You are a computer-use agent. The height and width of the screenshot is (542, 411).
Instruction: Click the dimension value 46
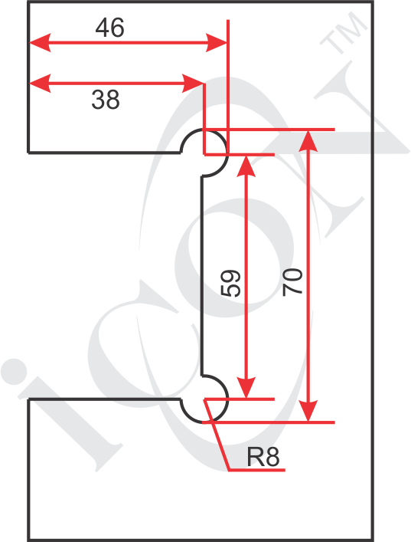pyautogui.click(x=109, y=28)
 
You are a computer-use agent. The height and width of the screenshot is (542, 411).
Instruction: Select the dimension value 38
pyautogui.click(x=106, y=100)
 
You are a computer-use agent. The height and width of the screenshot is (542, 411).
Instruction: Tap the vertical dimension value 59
pyautogui.click(x=230, y=283)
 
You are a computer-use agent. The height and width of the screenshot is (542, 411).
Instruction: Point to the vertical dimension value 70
pyautogui.click(x=292, y=281)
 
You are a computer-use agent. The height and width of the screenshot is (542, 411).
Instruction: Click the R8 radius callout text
pyautogui.click(x=263, y=457)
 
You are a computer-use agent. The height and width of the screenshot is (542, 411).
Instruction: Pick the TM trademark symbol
pyautogui.click(x=344, y=32)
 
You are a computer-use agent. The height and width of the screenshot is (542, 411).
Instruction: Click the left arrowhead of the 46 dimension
pyautogui.click(x=40, y=43)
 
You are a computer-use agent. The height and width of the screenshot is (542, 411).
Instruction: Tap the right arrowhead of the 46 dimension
pyautogui.click(x=217, y=43)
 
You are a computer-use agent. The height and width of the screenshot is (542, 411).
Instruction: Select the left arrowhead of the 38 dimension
pyautogui.click(x=40, y=84)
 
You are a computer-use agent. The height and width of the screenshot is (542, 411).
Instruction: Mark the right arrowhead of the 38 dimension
pyautogui.click(x=193, y=84)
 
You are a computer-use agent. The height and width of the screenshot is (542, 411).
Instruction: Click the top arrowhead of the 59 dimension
pyautogui.click(x=246, y=166)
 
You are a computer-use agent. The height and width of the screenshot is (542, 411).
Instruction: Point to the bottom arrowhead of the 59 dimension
pyautogui.click(x=246, y=388)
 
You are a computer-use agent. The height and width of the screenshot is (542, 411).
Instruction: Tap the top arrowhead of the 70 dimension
pyautogui.click(x=308, y=141)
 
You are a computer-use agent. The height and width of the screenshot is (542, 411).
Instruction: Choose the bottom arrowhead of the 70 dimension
pyautogui.click(x=308, y=411)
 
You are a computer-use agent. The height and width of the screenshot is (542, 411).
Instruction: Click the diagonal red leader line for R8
pyautogui.click(x=217, y=435)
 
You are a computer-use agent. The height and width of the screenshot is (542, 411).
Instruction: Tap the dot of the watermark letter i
pyautogui.click(x=14, y=372)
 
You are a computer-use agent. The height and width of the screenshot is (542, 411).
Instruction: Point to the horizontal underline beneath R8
pyautogui.click(x=257, y=470)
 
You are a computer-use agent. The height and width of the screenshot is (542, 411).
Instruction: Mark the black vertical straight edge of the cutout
pyautogui.click(x=202, y=275)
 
